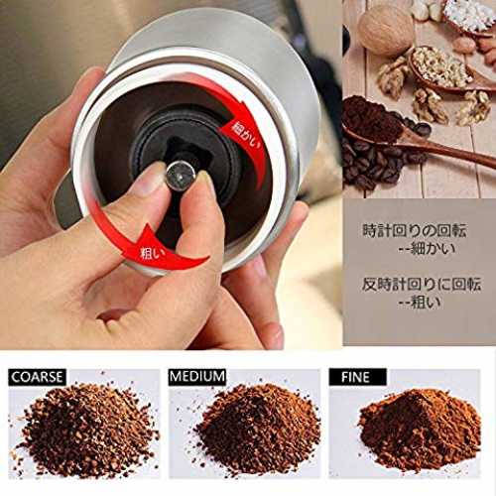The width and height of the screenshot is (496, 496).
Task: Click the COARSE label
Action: pos(37,377)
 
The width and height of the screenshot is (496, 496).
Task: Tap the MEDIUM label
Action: pos(197,377)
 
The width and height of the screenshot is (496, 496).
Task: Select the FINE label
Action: pos(357,377)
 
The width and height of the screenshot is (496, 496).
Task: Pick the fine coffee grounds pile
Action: pos(420,430)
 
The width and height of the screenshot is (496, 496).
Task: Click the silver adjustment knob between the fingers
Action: pos(181,176)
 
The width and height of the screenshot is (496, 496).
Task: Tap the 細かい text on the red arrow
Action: pos(246,138)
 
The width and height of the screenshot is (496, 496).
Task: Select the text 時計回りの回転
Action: pos(415,230)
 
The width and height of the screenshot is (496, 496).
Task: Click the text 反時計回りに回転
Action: pos(421,285)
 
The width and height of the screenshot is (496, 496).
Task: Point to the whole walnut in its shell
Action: pos(386,32)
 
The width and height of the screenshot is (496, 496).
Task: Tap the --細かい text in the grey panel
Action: pos(427,248)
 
